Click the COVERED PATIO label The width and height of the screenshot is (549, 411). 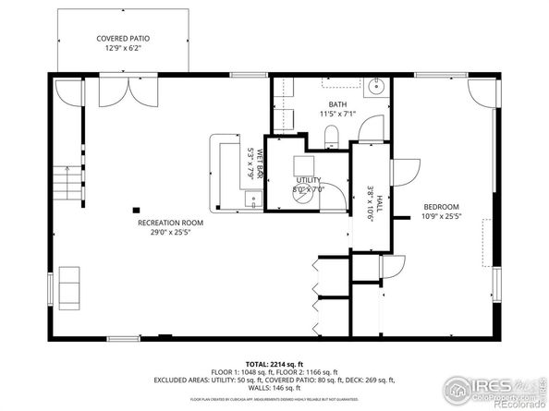[x=123, y=39]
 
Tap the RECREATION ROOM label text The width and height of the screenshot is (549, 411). [x=170, y=223]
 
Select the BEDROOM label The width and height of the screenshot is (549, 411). [x=441, y=207]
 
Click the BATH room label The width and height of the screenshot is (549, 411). [x=336, y=104]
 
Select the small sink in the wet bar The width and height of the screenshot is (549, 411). [x=252, y=197]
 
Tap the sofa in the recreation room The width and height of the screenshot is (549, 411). [x=70, y=285]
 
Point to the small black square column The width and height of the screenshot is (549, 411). [x=136, y=209]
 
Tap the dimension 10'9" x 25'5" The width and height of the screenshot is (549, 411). [x=441, y=216]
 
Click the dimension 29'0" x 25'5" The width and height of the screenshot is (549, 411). [x=170, y=232]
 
